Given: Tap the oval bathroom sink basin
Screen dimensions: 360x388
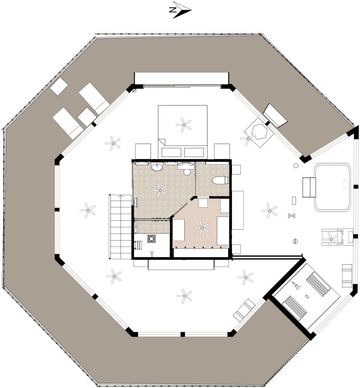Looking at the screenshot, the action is pyautogui.click(x=157, y=167).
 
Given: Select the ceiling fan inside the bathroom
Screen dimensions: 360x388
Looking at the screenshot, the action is pyautogui.click(x=159, y=190).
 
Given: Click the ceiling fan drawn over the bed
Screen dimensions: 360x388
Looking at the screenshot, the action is pyautogui.click(x=183, y=125).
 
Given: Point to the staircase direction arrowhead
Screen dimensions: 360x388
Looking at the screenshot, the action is pyautogui.click(x=121, y=196).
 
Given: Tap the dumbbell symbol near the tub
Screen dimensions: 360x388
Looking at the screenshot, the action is pyautogui.click(x=292, y=216).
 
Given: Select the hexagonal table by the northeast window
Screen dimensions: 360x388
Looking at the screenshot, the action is pyautogui.click(x=260, y=131).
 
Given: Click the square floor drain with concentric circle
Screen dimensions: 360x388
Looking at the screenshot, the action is pyautogui.click(x=151, y=239).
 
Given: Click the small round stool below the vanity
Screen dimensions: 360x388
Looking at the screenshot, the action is pyautogui.click(x=187, y=172).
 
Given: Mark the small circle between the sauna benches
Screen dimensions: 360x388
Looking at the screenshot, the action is pyautogui.click(x=307, y=296).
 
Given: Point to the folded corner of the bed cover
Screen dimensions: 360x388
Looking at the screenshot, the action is pyautogui.click(x=161, y=142).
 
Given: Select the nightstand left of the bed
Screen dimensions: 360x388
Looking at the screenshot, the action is pyautogui.click(x=143, y=152).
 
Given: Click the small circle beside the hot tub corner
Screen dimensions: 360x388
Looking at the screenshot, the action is pyautogui.click(x=296, y=166).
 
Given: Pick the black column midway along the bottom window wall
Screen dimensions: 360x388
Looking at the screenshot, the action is pyautogui.click(x=183, y=334).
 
